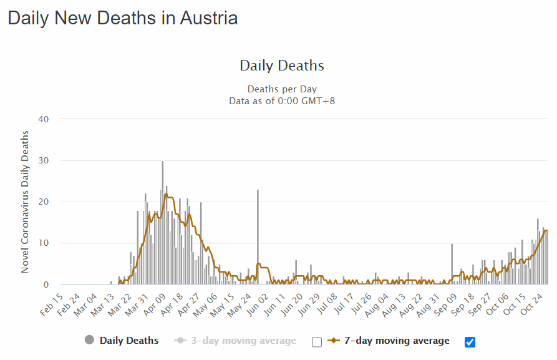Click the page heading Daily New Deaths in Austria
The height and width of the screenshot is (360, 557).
pyautogui.click(x=122, y=18)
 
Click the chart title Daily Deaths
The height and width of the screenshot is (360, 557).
pyautogui.click(x=282, y=66)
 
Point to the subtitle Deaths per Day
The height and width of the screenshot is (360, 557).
pyautogui.click(x=282, y=89)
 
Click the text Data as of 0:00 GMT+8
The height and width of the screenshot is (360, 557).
pyautogui.click(x=282, y=100)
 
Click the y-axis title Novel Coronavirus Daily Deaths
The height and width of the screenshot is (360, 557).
pyautogui.click(x=26, y=202)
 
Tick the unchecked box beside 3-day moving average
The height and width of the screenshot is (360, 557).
pyautogui.click(x=317, y=342)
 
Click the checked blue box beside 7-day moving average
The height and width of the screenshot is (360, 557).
pyautogui.click(x=470, y=341)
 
